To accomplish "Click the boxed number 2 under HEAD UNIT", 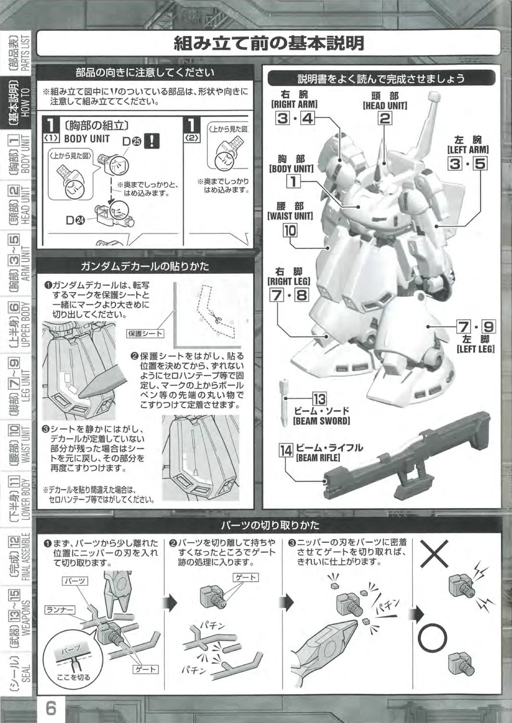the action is [x=384, y=119].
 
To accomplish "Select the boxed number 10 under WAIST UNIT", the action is [x=290, y=230].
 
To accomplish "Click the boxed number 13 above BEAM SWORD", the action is [x=319, y=399].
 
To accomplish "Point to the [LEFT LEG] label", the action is [x=476, y=349].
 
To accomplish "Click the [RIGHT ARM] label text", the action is [x=295, y=104].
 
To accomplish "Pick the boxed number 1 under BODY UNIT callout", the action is [x=293, y=181].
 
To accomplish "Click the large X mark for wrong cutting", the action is [x=434, y=554].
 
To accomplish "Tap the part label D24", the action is [x=76, y=220].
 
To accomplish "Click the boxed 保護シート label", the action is [x=145, y=334].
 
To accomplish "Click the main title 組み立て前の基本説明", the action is [x=269, y=43].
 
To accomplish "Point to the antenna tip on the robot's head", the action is [x=434, y=96].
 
